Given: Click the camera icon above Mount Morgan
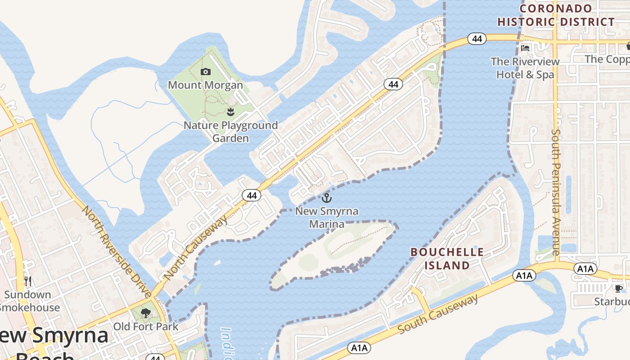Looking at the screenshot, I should [x=206, y=72].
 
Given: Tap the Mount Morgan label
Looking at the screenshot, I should [x=205, y=85].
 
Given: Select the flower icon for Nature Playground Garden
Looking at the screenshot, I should [x=231, y=112].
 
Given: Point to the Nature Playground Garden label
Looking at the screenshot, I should [x=230, y=131].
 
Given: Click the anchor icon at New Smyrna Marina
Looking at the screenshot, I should [x=327, y=198].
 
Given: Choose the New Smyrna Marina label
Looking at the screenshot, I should [x=320, y=217].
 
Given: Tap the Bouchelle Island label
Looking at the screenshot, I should [x=447, y=259].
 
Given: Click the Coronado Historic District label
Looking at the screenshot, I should [x=556, y=15].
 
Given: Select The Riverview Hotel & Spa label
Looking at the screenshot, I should [x=525, y=68].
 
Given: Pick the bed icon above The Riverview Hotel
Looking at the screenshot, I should [x=525, y=48].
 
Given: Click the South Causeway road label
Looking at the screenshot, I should [x=437, y=314].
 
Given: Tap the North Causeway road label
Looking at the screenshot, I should [x=196, y=247].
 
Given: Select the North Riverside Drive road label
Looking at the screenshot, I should [x=117, y=252].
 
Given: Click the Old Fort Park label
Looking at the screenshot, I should [x=146, y=326].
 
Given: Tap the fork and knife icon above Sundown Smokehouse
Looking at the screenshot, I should [x=28, y=282].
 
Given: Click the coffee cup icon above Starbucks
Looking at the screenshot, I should [x=619, y=288].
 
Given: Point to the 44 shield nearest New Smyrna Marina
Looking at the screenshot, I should [x=252, y=195].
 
